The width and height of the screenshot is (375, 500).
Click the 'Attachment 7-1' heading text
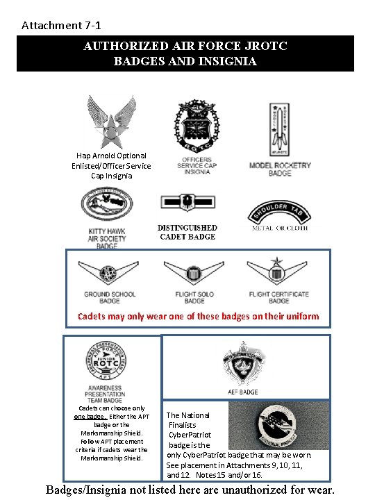pos(61,26)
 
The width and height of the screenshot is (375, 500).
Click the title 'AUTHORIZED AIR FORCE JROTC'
pos(185,47)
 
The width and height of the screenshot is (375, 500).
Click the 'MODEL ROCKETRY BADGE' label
pos(280,169)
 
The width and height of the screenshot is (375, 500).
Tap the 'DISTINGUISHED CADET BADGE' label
pos(187,233)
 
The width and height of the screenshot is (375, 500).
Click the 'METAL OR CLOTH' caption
pos(280,228)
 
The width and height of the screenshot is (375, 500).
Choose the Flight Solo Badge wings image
pos(194,273)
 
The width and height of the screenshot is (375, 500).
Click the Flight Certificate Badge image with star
pos(278,272)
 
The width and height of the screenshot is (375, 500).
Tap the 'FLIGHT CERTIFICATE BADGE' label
pos(278,297)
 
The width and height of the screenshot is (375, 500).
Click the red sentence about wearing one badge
pos(198,317)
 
